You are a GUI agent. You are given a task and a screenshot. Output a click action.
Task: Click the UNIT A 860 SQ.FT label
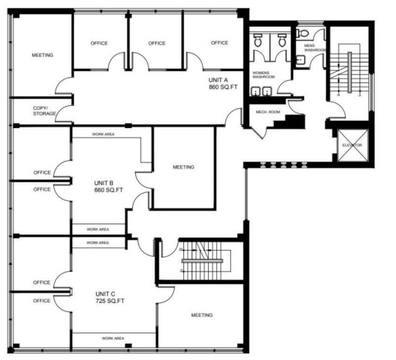pos(218,83)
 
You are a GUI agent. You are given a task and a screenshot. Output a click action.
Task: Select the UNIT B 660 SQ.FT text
pos(107,186)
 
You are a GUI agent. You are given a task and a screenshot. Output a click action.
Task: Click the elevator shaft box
pos(352,145)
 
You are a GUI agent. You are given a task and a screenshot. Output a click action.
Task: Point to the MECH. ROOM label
pos(268,112)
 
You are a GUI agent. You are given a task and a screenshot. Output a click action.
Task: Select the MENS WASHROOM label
pos(314,48)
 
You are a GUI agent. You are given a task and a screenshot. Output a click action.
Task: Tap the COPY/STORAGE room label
pos(44,110)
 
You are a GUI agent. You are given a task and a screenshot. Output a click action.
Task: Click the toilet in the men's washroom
pos(303,33)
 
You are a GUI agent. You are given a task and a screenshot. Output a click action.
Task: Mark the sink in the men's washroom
pos(300,60)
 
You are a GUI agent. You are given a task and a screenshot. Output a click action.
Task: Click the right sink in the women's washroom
pos(268,91)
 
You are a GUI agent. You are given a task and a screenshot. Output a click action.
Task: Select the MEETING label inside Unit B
pos(183,167)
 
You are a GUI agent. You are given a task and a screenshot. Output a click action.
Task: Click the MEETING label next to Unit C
pos(201,315)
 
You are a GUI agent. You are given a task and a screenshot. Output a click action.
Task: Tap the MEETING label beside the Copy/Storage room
pos(42,55)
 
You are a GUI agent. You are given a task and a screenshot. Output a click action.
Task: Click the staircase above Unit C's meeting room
pos(203,260)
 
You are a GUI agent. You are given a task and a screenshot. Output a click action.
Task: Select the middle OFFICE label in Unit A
pos(156,43)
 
